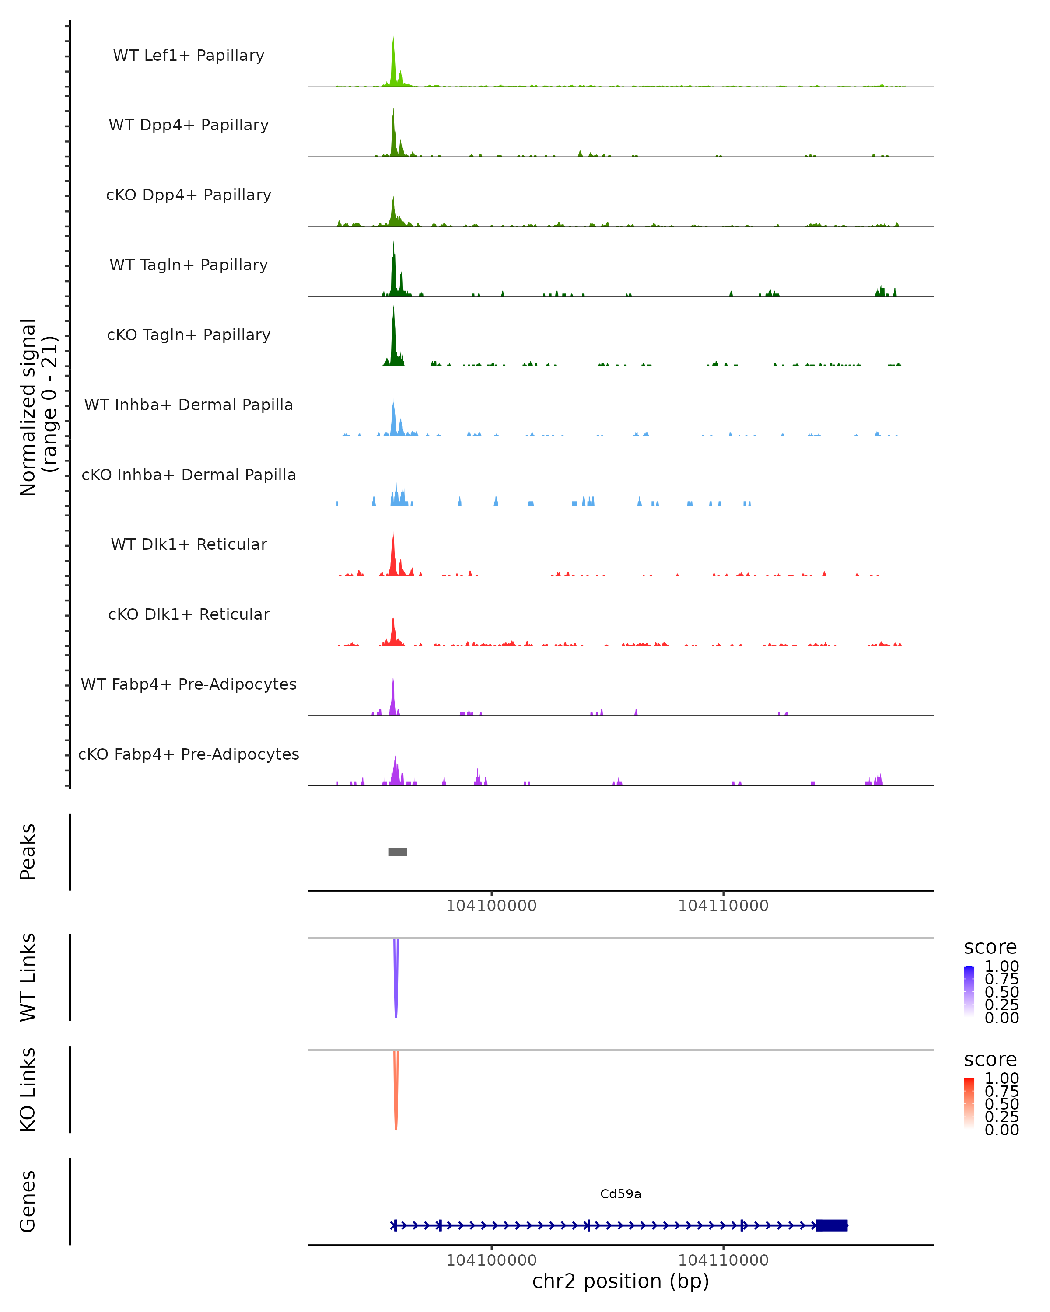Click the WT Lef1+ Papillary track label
(x=189, y=56)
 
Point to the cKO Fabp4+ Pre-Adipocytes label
(x=189, y=754)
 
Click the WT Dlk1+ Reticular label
(x=189, y=544)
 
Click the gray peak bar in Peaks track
(x=398, y=852)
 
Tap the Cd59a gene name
(x=620, y=1194)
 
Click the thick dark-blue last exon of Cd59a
(x=832, y=1225)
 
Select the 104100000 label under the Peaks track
(x=491, y=906)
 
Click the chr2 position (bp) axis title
(x=620, y=1281)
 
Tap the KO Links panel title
(x=28, y=1089)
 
